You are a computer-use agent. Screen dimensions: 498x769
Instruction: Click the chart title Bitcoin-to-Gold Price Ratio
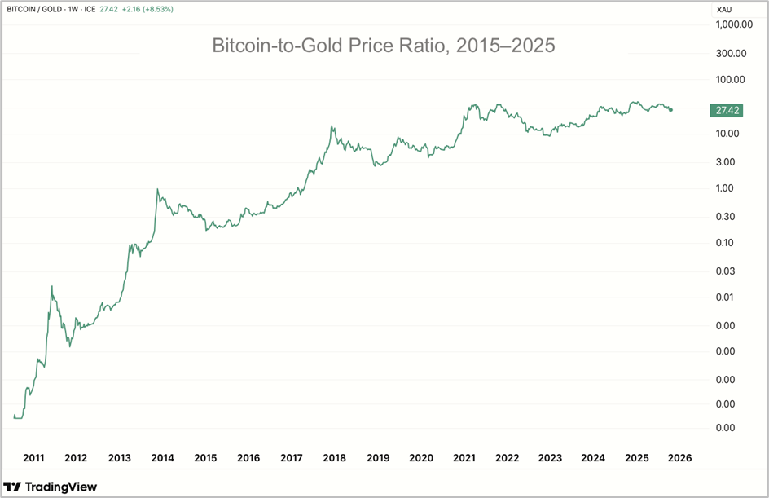pyautogui.click(x=383, y=46)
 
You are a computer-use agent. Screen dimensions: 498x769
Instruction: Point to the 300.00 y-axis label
pyautogui.click(x=731, y=54)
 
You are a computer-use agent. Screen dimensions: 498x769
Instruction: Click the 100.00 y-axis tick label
pyautogui.click(x=731, y=80)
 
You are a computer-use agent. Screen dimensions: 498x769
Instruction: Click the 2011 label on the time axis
pyautogui.click(x=33, y=458)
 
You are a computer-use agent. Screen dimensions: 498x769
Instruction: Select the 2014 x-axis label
pyautogui.click(x=162, y=458)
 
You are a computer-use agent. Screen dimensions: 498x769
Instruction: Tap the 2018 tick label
pyautogui.click(x=335, y=458)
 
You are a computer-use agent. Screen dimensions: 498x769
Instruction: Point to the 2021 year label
pyautogui.click(x=464, y=458)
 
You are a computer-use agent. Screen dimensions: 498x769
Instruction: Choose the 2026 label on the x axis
pyautogui.click(x=679, y=458)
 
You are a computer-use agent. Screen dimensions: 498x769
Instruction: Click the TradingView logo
pyautogui.click(x=51, y=487)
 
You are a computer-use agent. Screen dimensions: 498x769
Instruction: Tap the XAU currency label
pyautogui.click(x=723, y=10)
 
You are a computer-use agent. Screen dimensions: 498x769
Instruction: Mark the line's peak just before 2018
pyautogui.click(x=332, y=126)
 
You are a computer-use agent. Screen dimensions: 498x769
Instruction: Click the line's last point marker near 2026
pyautogui.click(x=670, y=110)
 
